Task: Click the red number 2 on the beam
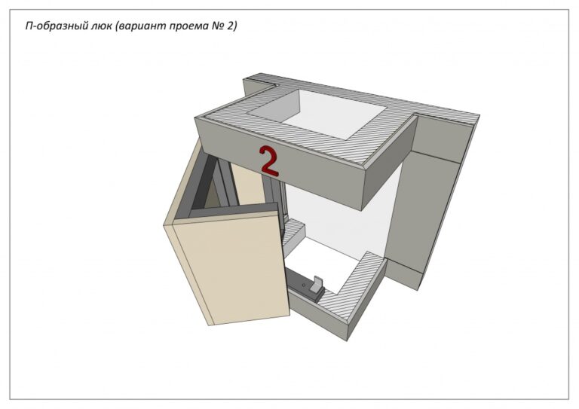268,160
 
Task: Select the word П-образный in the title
56,26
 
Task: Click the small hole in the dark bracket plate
304,285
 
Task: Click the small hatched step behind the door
293,230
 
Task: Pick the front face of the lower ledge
317,314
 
